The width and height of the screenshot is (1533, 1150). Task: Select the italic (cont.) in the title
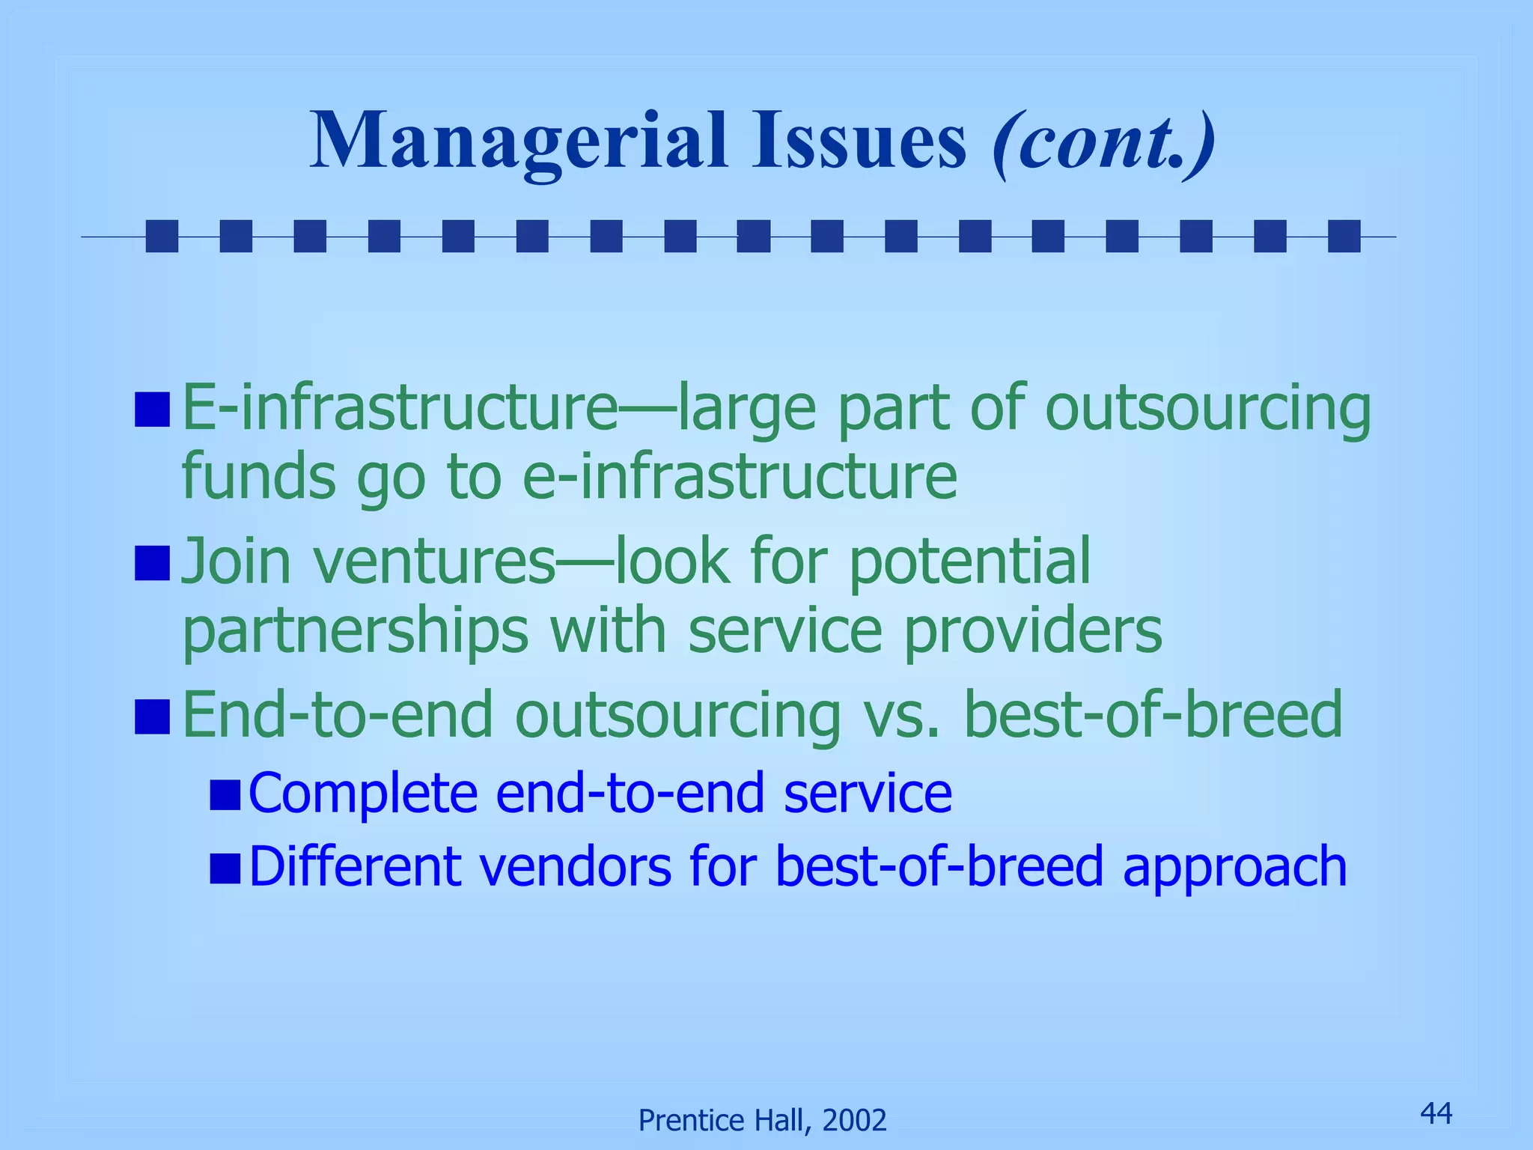[x=1103, y=142]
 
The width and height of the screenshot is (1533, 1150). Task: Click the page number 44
[x=1436, y=1113]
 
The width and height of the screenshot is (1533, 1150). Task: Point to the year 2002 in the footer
[x=854, y=1121]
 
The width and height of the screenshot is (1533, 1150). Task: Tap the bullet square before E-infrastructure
[x=152, y=410]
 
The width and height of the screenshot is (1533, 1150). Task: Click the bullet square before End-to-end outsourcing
[x=152, y=716]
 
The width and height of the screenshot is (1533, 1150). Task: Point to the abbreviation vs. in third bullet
[x=901, y=716]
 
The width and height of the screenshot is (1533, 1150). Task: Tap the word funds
[x=258, y=477]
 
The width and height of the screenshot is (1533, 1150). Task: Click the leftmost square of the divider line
[x=162, y=236]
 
